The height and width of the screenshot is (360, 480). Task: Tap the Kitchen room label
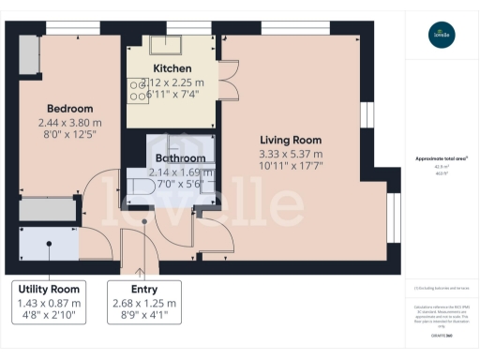[x=172, y=68]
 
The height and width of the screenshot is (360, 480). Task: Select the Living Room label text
[x=290, y=140]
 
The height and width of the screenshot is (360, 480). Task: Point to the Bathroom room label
[x=180, y=158]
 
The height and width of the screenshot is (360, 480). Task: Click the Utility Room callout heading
[x=52, y=288]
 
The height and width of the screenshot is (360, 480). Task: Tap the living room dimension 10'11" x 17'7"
[x=291, y=166]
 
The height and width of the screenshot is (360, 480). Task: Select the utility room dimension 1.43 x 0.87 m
[x=52, y=303]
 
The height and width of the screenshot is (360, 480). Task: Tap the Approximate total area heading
[x=442, y=158]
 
